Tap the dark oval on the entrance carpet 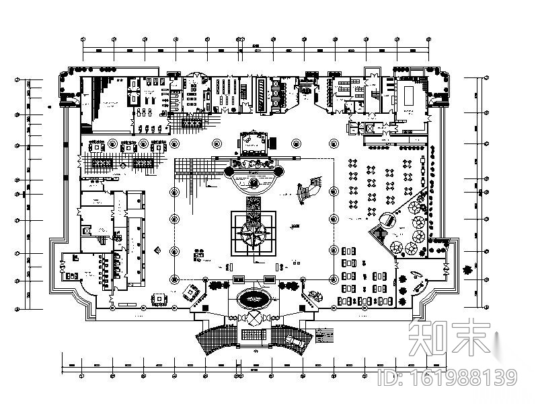254,297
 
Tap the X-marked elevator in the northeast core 369,127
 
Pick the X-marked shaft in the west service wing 86,230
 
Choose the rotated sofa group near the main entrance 192,292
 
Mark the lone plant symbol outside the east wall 465,271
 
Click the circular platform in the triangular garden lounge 387,220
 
